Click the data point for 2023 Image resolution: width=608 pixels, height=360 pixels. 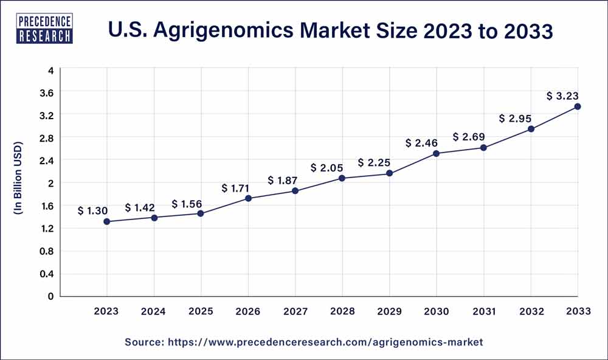click(107, 222)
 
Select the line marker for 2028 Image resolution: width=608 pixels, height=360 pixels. click(342, 178)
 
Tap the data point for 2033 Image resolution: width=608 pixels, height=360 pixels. click(578, 106)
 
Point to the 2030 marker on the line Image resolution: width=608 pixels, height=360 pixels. click(437, 153)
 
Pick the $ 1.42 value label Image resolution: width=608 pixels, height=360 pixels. click(140, 207)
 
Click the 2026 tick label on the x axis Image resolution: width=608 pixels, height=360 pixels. click(248, 311)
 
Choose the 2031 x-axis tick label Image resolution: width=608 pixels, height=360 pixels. click(483, 311)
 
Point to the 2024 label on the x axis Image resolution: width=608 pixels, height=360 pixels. click(154, 311)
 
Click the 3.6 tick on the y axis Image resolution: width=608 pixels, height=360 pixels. click(46, 92)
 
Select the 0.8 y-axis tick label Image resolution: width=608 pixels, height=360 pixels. click(46, 251)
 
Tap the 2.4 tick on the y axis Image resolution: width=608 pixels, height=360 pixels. click(46, 161)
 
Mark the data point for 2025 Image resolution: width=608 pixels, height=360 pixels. click(201, 213)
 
